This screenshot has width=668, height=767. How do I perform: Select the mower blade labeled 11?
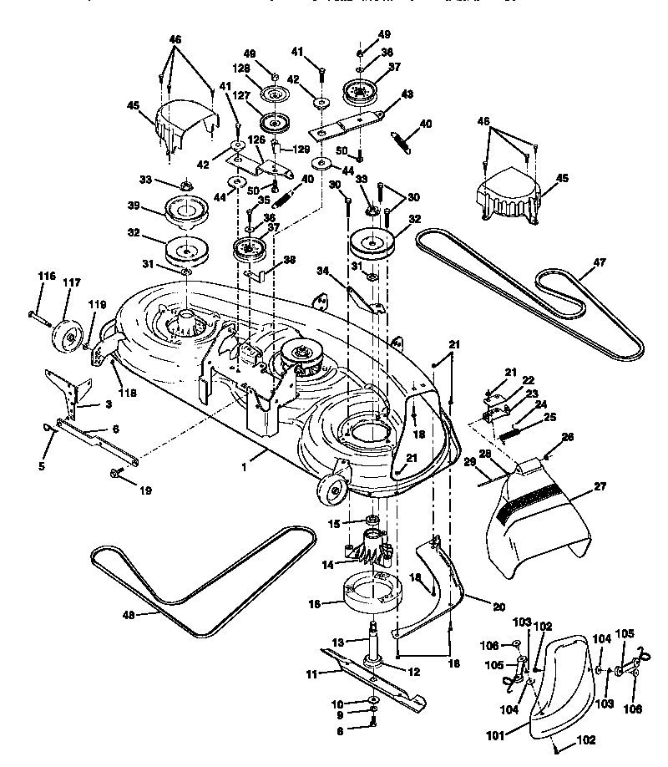tap(367, 673)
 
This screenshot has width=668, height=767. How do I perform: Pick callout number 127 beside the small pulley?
tap(242, 96)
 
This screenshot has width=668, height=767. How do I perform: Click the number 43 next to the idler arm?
tap(407, 94)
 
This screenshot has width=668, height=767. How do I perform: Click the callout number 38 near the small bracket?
tap(289, 261)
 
